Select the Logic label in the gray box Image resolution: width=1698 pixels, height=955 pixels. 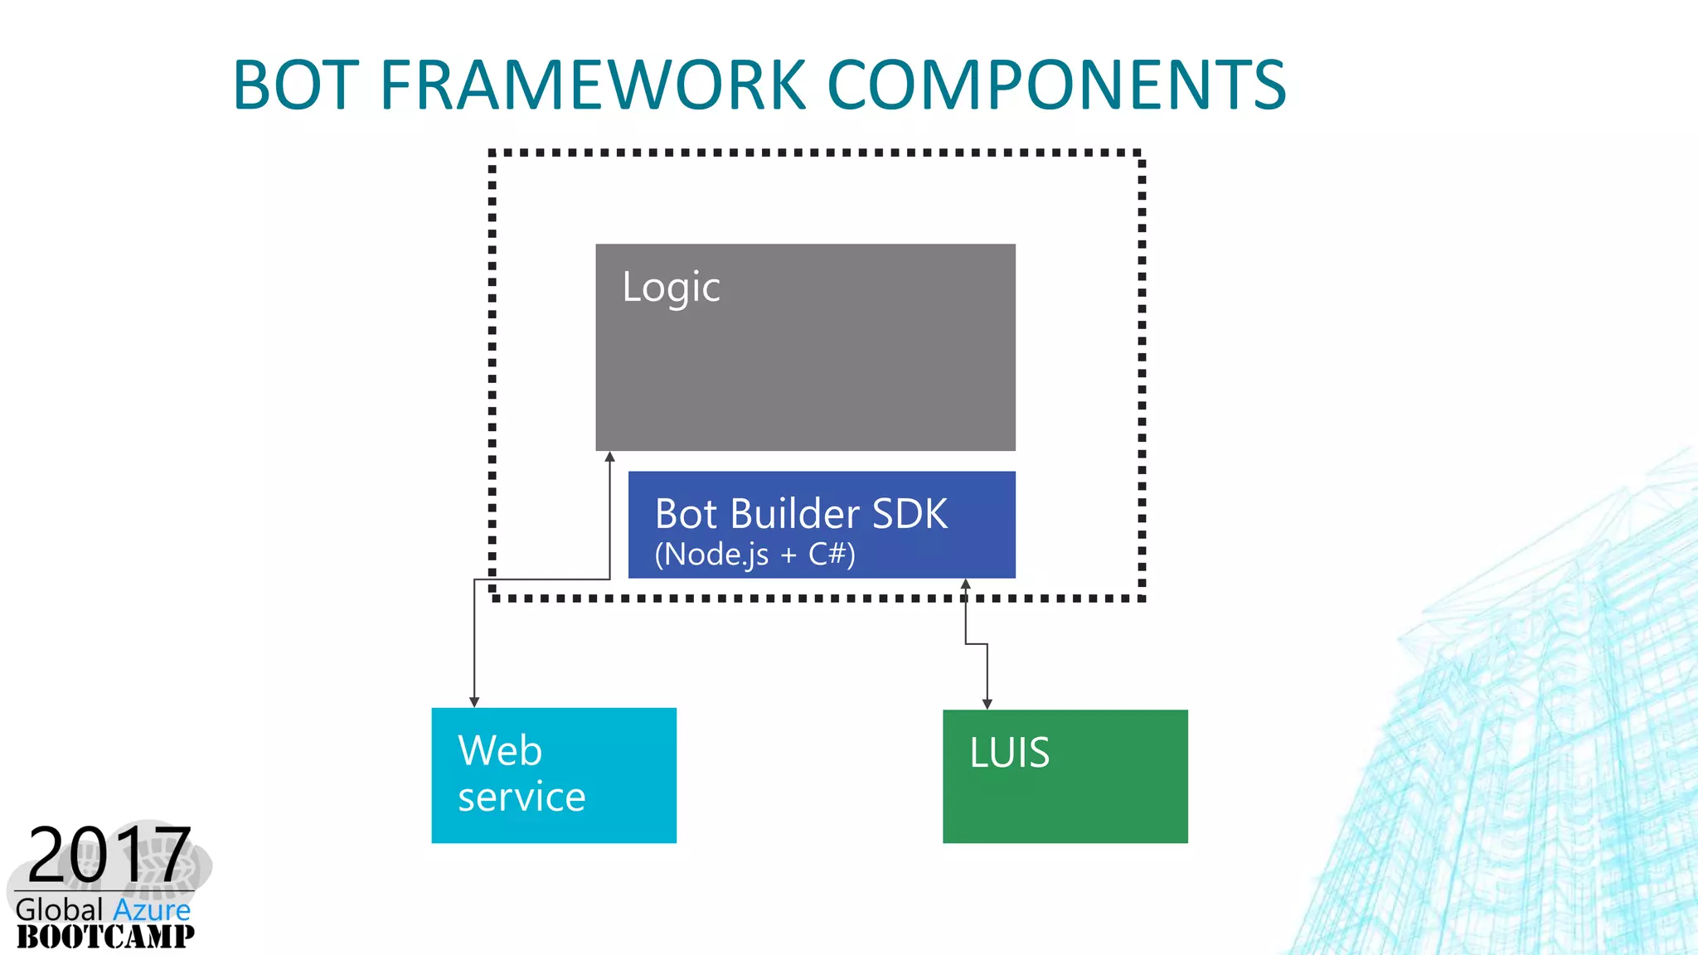click(671, 288)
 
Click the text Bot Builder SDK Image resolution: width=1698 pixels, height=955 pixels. click(800, 513)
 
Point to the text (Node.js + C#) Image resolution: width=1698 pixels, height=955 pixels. click(754, 554)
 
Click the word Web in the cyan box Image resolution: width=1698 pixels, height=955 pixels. click(500, 750)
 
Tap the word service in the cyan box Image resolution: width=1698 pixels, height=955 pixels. click(522, 797)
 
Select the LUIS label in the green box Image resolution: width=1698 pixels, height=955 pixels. click(1009, 753)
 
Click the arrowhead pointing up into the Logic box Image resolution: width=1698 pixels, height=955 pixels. click(609, 457)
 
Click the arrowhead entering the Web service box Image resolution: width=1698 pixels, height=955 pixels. click(474, 701)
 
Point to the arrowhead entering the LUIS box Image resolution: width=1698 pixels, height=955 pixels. click(987, 704)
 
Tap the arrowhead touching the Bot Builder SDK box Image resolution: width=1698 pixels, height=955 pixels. click(965, 584)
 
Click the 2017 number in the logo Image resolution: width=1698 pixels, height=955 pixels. click(109, 855)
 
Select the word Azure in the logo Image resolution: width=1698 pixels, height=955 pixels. click(152, 909)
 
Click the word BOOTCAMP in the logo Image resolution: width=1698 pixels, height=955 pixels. click(105, 937)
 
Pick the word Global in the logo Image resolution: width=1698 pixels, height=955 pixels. click(59, 909)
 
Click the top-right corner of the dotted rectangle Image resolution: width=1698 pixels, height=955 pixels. click(1142, 153)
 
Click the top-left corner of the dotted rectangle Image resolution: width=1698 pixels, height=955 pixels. click(492, 153)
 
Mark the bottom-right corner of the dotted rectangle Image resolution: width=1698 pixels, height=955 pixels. click(1142, 598)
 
